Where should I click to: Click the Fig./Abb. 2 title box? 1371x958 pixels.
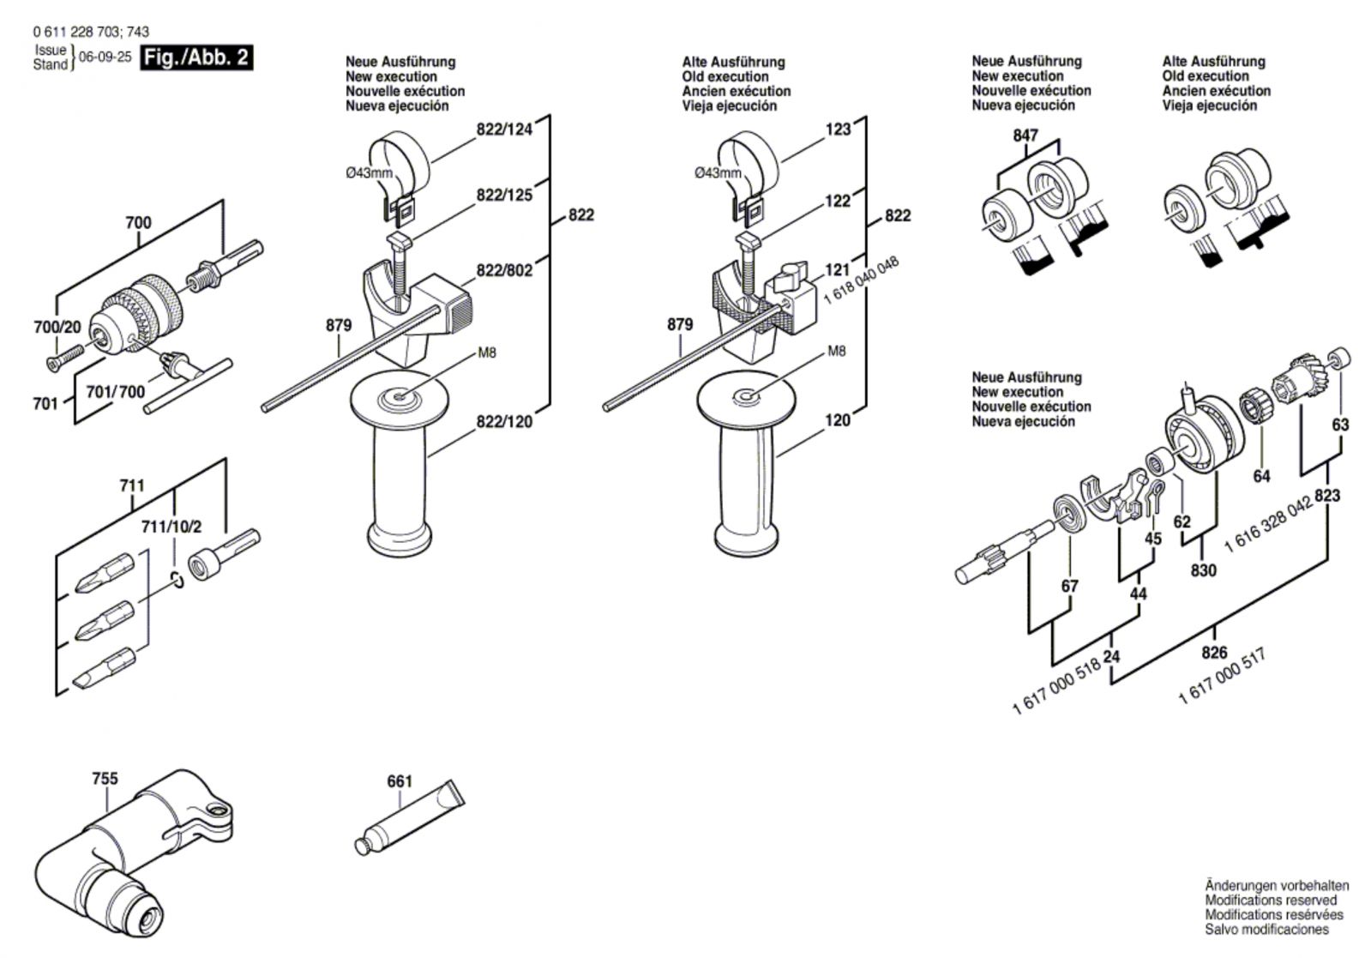(x=196, y=57)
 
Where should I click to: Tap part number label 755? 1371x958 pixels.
(x=105, y=779)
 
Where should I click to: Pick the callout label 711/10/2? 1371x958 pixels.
(x=172, y=526)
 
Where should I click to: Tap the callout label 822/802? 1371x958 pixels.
(x=504, y=270)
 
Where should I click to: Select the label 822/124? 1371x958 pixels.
(x=504, y=130)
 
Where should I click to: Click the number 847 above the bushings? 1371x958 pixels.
(x=1025, y=135)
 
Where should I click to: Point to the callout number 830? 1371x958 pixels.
(x=1203, y=569)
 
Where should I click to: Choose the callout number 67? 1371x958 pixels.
(x=1069, y=586)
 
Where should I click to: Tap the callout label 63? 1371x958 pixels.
(x=1340, y=424)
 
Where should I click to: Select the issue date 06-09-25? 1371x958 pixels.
(x=105, y=57)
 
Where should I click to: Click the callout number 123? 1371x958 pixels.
(x=838, y=129)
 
